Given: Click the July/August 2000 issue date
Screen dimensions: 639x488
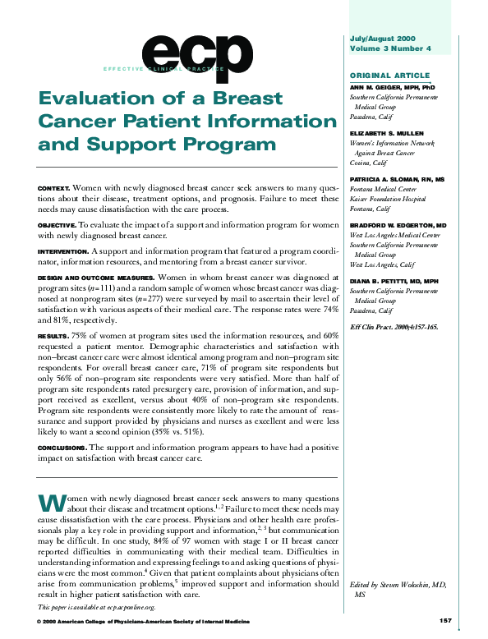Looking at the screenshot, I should coord(383,39).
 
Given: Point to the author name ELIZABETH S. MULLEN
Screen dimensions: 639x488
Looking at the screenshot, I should coord(385,132).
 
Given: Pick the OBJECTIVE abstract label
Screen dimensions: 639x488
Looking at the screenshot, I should coord(58,224).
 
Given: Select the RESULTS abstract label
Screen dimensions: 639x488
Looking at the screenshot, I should coord(53,336).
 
